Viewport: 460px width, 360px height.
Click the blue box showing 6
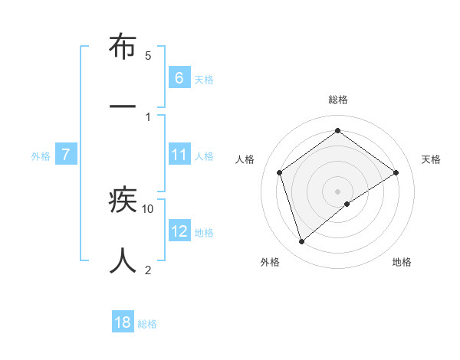[179, 77]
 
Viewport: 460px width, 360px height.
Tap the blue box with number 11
[179, 155]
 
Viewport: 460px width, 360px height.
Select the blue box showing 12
[179, 231]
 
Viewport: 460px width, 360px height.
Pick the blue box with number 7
[66, 155]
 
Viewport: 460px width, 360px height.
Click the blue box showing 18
[123, 322]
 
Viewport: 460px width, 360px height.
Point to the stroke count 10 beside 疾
[148, 208]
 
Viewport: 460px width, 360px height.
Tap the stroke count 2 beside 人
[148, 269]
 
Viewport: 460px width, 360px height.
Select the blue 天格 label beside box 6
[204, 79]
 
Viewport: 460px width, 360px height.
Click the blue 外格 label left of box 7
[41, 156]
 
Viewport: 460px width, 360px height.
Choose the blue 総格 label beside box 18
[147, 324]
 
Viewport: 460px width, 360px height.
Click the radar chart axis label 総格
[338, 100]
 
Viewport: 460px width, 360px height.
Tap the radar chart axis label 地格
[402, 262]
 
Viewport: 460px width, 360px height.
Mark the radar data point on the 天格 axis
[396, 172]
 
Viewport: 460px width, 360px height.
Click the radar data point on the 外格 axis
[301, 242]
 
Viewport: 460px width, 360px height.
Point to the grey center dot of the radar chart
[338, 191]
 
